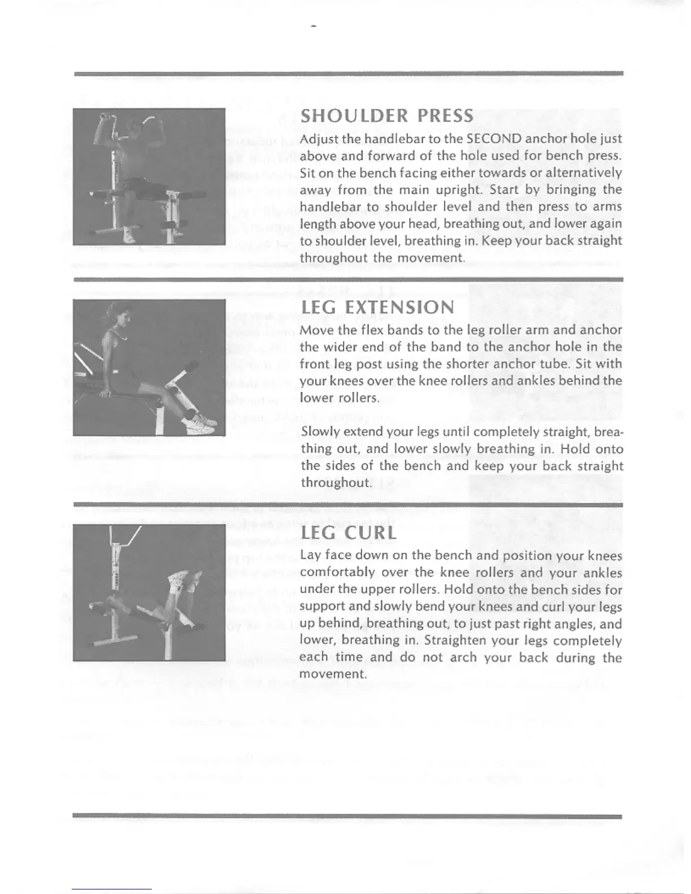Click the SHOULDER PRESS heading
pos(387,116)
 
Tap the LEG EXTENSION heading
pos(377,308)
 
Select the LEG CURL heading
pos(348,533)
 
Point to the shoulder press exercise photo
pos(149,177)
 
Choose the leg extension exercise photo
pos(149,367)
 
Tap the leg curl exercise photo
pos(149,592)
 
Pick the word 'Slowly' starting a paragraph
pos(320,432)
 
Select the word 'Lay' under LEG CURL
pos(310,555)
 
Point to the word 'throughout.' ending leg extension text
pos(336,483)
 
